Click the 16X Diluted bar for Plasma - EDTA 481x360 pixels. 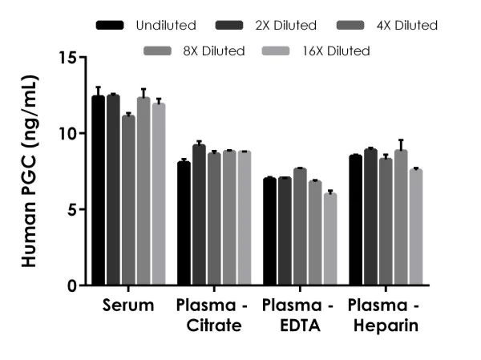point(330,240)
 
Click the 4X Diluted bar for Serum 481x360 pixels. point(128,200)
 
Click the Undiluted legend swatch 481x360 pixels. point(110,26)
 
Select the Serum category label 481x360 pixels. point(128,307)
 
